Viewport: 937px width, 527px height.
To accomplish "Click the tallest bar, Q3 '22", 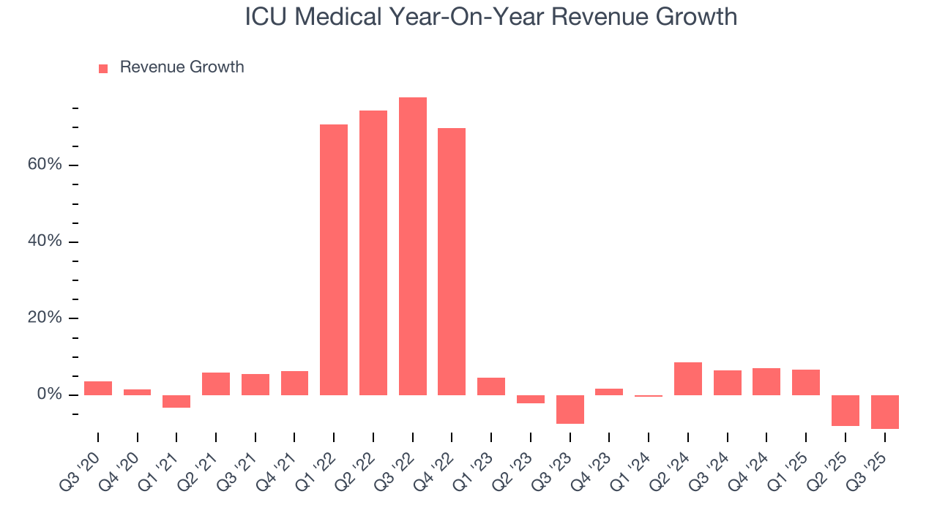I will tap(412, 246).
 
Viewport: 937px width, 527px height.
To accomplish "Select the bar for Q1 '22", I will tap(334, 260).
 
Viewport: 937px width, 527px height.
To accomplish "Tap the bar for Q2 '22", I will tap(373, 253).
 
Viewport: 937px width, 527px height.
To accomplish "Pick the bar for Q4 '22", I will tap(452, 261).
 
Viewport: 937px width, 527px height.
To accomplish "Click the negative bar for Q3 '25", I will tap(884, 412).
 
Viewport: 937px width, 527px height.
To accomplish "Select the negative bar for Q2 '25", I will tap(845, 411).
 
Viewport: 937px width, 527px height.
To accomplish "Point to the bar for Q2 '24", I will tap(687, 378).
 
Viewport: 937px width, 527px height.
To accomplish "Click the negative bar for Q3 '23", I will tap(570, 409).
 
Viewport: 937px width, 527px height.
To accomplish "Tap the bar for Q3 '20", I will tap(98, 388).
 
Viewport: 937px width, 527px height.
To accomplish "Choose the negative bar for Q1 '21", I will tap(176, 401).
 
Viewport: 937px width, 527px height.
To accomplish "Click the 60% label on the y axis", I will tap(45, 165).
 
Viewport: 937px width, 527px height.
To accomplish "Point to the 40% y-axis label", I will tap(45, 242).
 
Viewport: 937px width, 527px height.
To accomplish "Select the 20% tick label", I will tap(45, 318).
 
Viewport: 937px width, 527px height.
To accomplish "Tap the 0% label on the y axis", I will tap(49, 395).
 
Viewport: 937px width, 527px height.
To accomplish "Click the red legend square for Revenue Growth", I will tap(103, 68).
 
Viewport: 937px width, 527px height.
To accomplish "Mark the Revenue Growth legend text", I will tap(182, 67).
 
